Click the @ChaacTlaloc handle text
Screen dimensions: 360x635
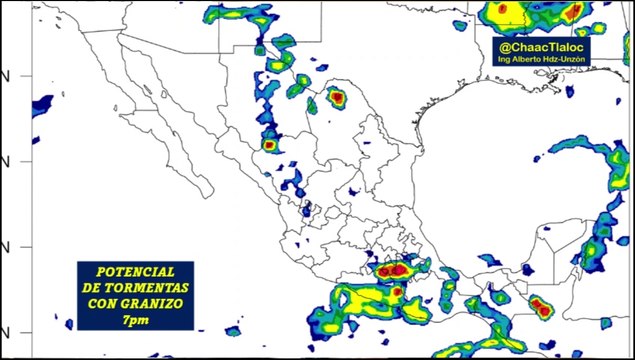click(x=543, y=46)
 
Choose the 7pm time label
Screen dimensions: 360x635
click(x=135, y=317)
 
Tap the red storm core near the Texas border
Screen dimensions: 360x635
click(x=336, y=98)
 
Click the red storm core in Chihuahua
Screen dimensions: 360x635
click(x=268, y=145)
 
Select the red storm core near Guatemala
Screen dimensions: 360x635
click(x=541, y=307)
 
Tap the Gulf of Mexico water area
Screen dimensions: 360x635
click(x=470, y=170)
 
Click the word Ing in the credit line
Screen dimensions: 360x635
click(x=504, y=59)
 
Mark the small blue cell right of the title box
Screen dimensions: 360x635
click(x=233, y=329)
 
